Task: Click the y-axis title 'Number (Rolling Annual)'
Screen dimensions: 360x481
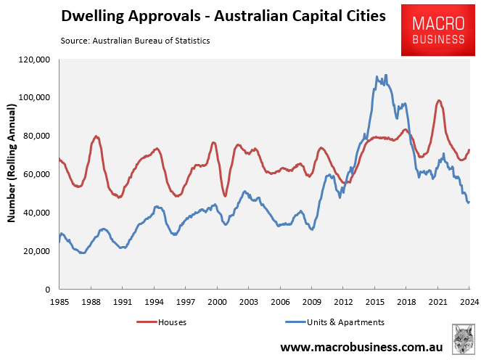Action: [12, 174]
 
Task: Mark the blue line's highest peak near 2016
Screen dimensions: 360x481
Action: [385, 75]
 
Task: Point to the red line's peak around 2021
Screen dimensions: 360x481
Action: [439, 100]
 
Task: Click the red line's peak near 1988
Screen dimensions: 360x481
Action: [96, 136]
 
